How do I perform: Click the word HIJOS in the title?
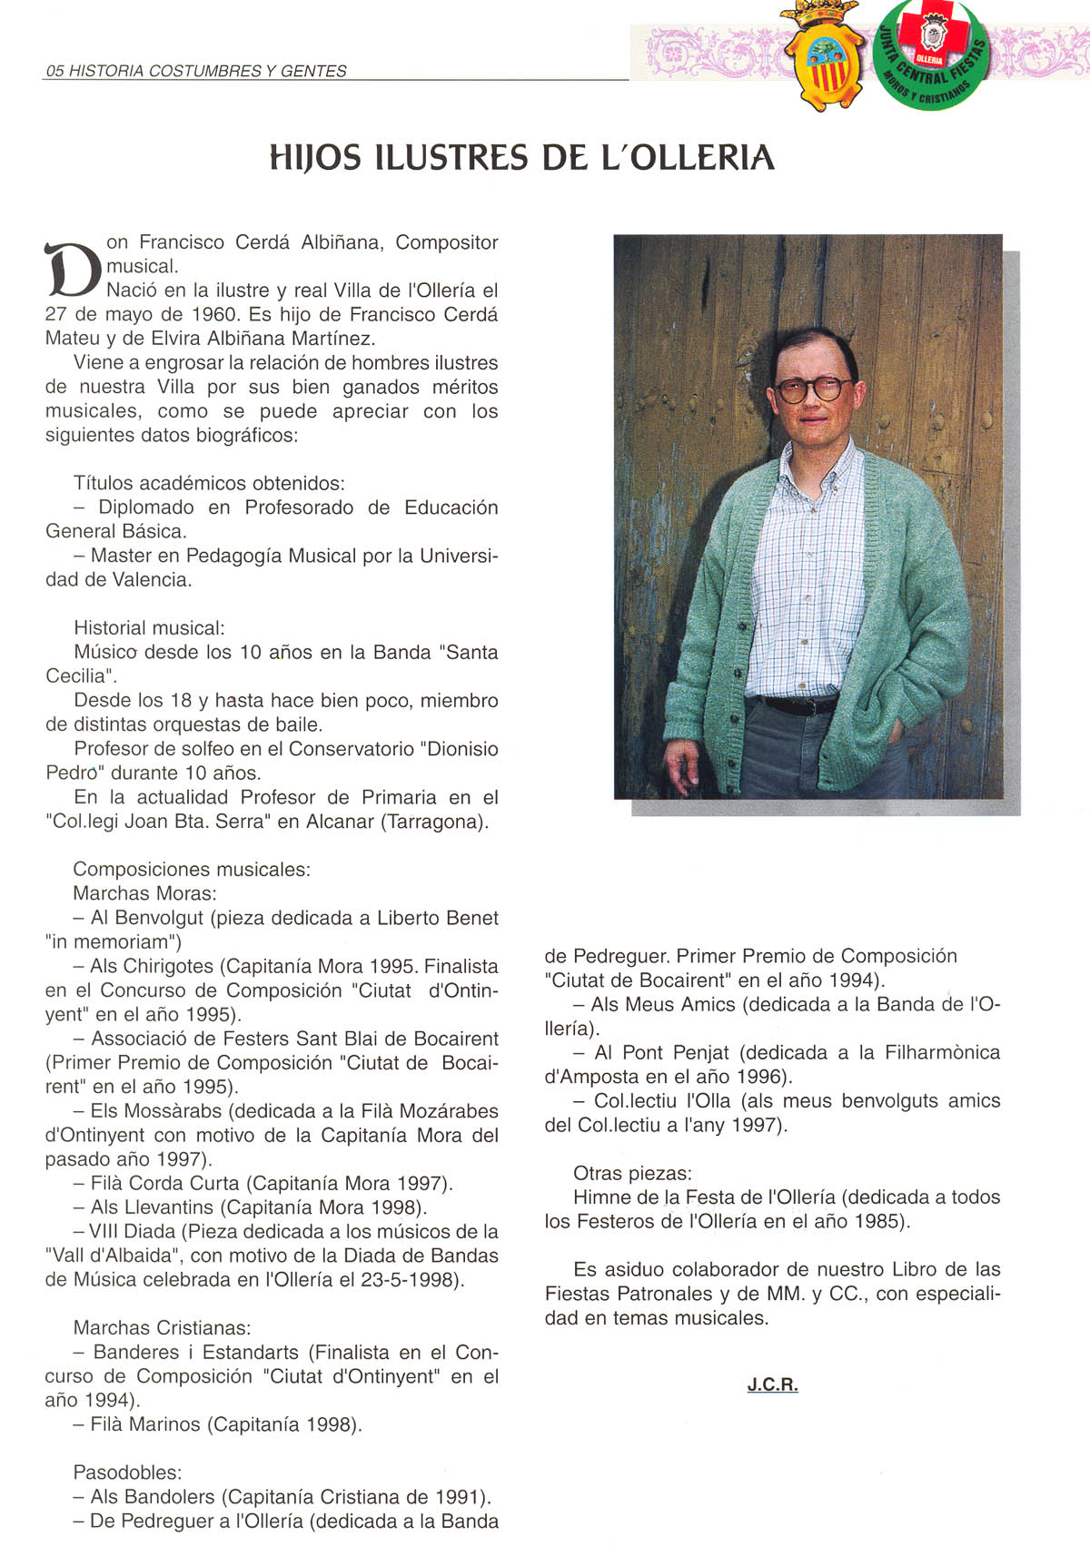point(315,158)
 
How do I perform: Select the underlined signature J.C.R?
point(772,1384)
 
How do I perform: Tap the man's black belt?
point(790,704)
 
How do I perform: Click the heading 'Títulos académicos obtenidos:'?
point(209,483)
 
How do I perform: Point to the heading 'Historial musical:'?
point(149,627)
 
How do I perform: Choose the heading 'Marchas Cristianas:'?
point(162,1328)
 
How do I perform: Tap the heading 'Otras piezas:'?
point(632,1173)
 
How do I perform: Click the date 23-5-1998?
point(414,1280)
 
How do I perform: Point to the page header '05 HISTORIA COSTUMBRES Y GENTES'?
point(196,71)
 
